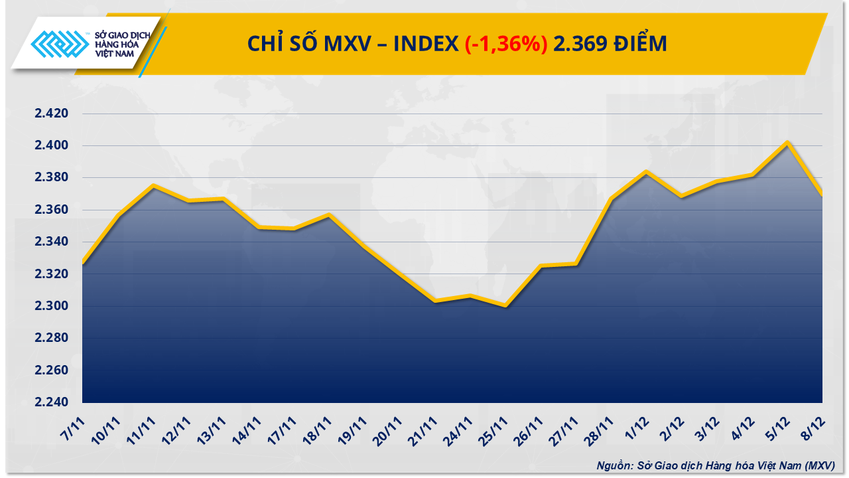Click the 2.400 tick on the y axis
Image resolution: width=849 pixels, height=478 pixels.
coord(52,145)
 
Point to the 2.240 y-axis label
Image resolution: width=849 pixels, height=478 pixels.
coord(52,402)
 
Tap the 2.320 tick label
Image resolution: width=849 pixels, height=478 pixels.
coord(52,274)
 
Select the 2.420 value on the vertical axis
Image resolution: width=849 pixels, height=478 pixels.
coord(52,114)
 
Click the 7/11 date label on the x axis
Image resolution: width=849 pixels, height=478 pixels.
coord(75,424)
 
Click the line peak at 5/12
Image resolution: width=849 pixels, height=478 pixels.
coord(787,142)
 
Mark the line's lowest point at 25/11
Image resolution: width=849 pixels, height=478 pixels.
coord(505,306)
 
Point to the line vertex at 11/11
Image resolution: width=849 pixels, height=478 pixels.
coord(153,185)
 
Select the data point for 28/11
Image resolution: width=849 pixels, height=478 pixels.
coord(611,199)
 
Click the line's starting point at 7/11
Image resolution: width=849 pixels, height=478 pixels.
coord(83,264)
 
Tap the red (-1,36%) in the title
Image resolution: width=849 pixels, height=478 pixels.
coord(505,44)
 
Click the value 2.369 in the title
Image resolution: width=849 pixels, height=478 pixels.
coord(578,44)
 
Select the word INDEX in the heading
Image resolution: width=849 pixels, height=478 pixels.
coord(425,44)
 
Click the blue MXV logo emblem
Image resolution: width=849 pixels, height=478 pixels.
coord(60,46)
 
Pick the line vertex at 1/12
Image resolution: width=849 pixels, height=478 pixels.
coord(646,171)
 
